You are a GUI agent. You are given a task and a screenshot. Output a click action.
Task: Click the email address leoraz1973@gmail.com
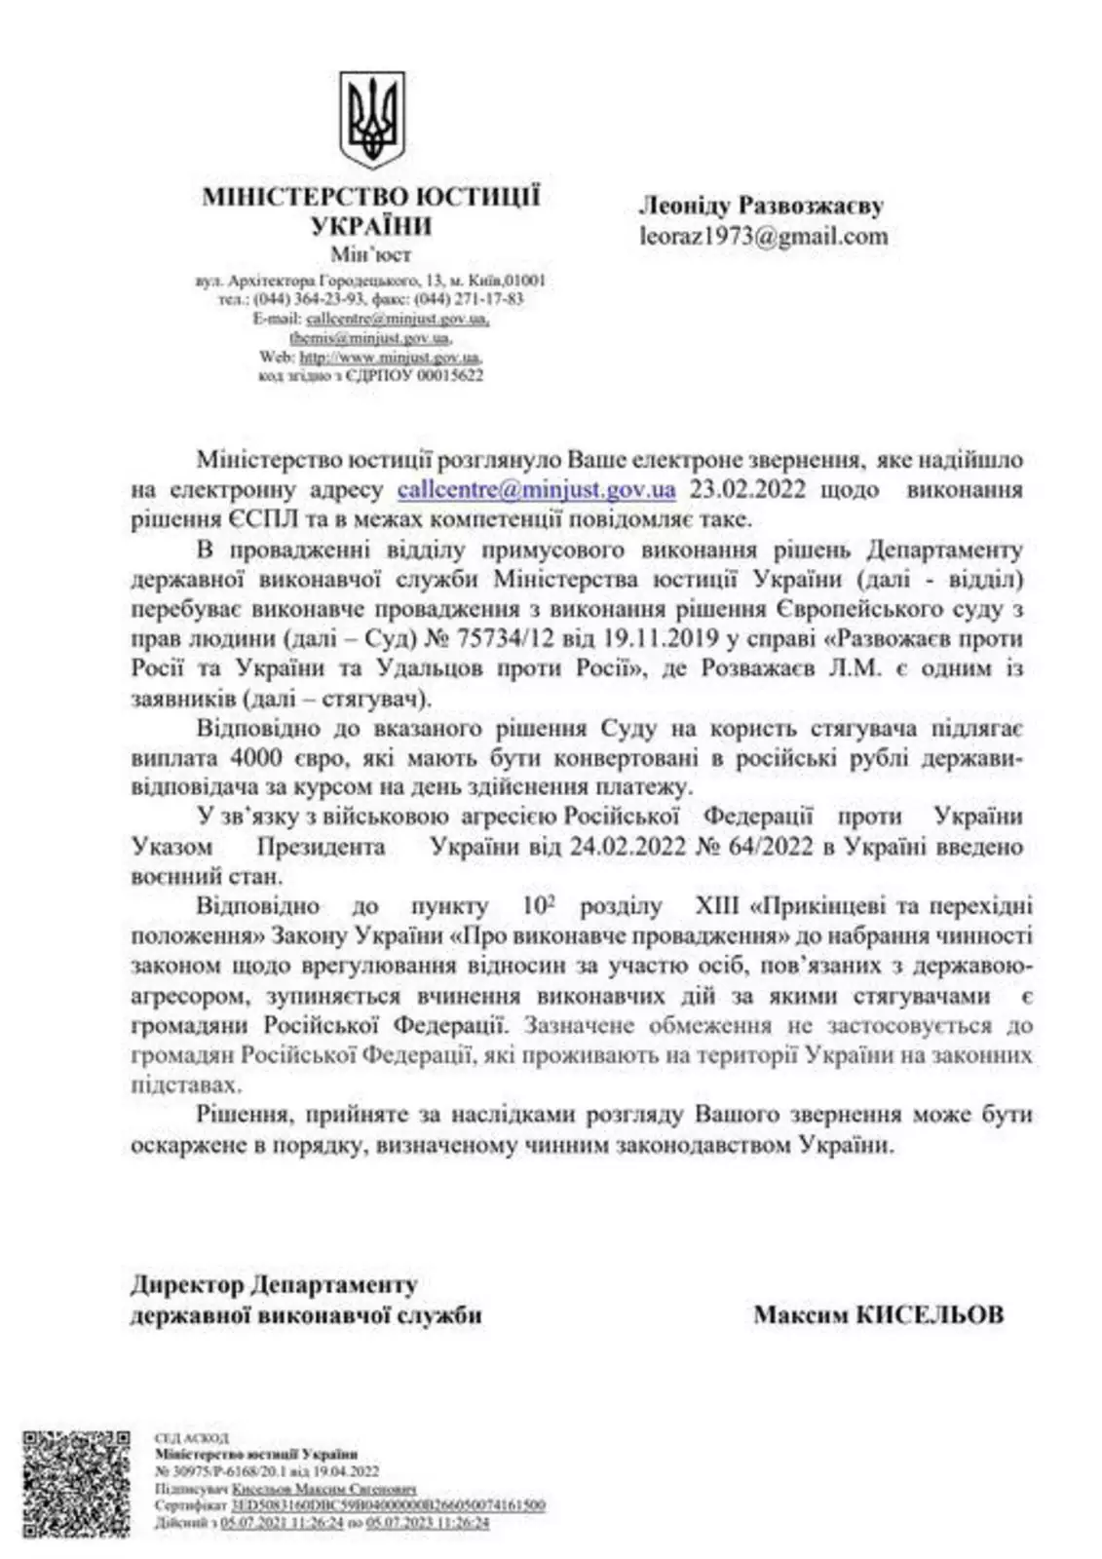(763, 235)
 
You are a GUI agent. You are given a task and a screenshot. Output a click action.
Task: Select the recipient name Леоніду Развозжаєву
(760, 206)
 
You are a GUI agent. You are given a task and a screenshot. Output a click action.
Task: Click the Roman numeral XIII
(715, 905)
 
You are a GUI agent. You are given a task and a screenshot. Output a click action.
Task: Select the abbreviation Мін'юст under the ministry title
(370, 255)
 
